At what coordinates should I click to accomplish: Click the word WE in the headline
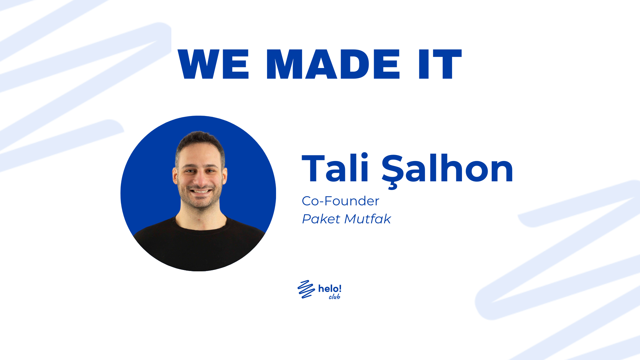(213, 64)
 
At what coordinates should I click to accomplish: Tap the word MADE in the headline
(333, 64)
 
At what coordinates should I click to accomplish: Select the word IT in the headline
(440, 64)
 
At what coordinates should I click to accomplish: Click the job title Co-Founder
(340, 201)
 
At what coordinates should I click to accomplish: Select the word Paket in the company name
(321, 219)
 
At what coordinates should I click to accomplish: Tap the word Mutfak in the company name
(368, 219)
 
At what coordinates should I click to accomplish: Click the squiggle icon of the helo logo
(306, 289)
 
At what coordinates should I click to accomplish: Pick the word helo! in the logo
(330, 288)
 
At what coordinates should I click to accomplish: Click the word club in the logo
(334, 297)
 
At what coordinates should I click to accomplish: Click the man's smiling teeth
(201, 191)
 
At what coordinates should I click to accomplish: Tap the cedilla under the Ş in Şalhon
(393, 186)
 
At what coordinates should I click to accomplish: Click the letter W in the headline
(197, 64)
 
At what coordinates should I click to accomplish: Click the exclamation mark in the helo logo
(340, 288)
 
